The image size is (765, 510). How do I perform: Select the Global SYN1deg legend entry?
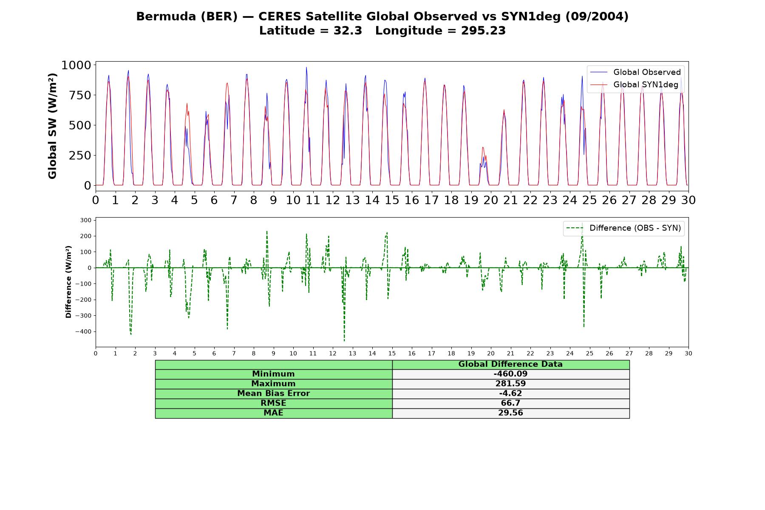[x=635, y=85]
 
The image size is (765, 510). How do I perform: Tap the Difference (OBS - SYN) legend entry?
[x=624, y=228]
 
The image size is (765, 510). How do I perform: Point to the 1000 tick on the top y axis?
[x=76, y=65]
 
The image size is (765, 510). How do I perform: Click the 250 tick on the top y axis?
[x=80, y=155]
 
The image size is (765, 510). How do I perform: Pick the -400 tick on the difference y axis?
[x=83, y=331]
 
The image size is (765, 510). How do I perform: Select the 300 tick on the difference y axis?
[x=86, y=220]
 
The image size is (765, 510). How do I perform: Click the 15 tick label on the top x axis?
[x=392, y=200]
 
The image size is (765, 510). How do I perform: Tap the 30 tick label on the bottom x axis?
[x=688, y=353]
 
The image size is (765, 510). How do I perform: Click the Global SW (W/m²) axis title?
[x=53, y=126]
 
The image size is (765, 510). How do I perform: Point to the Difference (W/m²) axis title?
[x=68, y=282]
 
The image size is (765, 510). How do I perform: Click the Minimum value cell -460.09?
[x=510, y=374]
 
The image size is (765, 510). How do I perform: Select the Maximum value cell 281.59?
[x=510, y=384]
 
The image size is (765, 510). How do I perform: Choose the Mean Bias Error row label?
[x=273, y=394]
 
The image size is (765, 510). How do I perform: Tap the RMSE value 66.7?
[x=510, y=403]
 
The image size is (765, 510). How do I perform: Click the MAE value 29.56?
[x=510, y=413]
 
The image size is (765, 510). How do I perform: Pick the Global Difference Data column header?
[x=510, y=364]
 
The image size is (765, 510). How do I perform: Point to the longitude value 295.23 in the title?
[x=483, y=31]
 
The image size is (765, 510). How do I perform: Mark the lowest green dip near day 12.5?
[x=344, y=340]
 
